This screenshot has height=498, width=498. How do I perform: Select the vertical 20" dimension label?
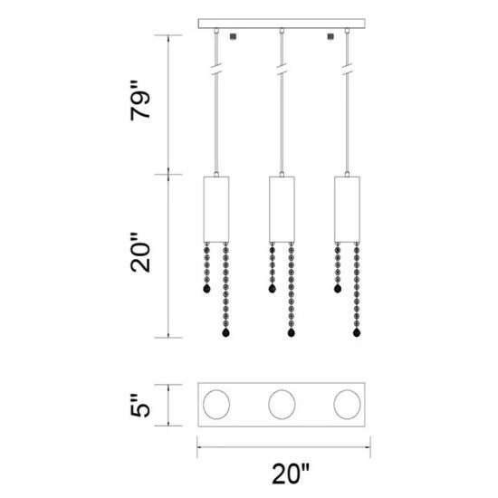click(x=140, y=253)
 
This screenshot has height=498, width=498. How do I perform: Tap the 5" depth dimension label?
click(x=139, y=406)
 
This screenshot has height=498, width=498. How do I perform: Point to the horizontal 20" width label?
click(x=291, y=474)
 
